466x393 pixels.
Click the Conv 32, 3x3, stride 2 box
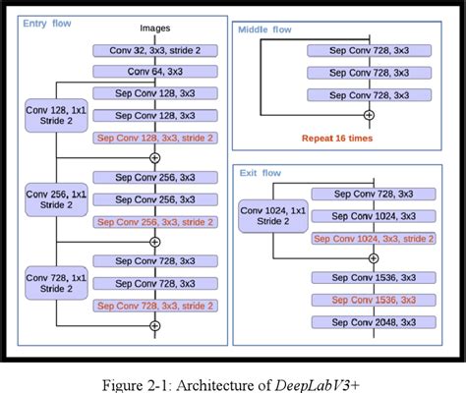tap(154, 49)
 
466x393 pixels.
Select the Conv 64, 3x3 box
tap(154, 71)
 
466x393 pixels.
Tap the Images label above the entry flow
tap(154, 28)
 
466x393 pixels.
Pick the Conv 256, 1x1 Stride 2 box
tap(58, 199)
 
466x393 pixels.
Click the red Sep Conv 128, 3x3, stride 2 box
tap(154, 138)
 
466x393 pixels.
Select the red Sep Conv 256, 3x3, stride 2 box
tap(154, 222)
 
